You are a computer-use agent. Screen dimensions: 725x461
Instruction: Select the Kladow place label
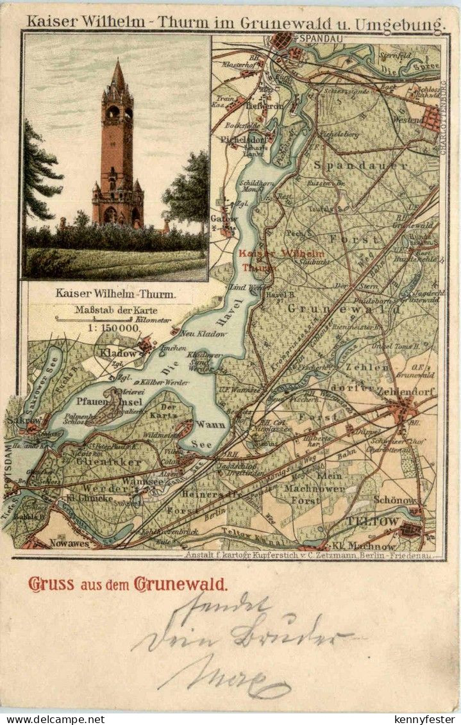click(117, 353)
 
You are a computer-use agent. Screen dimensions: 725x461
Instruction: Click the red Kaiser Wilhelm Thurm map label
click(281, 260)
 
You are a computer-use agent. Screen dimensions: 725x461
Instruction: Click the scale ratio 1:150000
click(106, 328)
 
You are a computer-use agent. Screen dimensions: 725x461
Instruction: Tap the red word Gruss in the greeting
click(51, 584)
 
